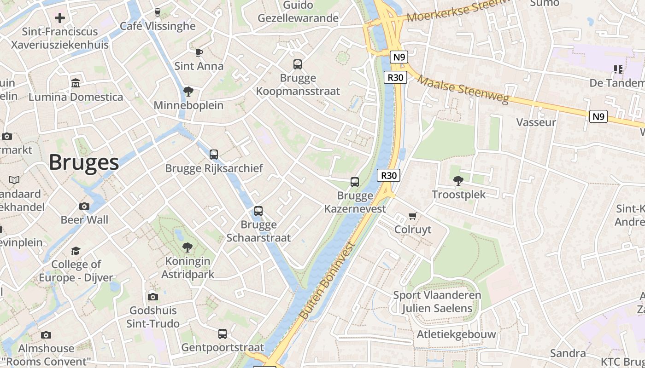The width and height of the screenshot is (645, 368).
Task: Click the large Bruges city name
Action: coord(83,162)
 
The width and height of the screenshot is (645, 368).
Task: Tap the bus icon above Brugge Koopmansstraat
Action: coord(298,64)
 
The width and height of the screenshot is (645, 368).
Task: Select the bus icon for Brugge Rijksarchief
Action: coord(214,155)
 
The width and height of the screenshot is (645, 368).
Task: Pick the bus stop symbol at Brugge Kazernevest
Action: coord(355,182)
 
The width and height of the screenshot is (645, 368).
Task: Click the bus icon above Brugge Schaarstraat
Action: coord(258,211)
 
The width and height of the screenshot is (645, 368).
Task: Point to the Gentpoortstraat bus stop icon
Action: coord(223,334)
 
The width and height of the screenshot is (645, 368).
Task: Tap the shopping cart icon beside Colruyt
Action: coord(413,216)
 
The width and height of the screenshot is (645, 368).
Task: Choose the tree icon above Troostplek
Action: coord(458,181)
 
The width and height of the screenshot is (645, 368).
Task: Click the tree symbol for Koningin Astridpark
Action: coord(188,247)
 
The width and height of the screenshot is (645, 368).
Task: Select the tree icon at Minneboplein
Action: coord(188,92)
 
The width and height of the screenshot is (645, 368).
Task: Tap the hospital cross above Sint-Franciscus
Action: coord(60,18)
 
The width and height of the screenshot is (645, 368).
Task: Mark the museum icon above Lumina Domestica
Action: coord(76,83)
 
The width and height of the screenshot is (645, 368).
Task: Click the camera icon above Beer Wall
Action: coord(84,206)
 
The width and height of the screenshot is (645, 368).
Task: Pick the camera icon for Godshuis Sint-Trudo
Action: coord(153,297)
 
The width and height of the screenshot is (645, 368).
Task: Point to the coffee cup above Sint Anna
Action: coord(199,52)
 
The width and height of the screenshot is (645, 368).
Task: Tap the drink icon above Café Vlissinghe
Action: coord(158,12)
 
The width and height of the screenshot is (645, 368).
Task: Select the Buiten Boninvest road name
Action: coord(328,280)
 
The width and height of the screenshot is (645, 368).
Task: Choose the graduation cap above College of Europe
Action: coord(76,251)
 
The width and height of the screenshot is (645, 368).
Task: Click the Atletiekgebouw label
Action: coord(456,334)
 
